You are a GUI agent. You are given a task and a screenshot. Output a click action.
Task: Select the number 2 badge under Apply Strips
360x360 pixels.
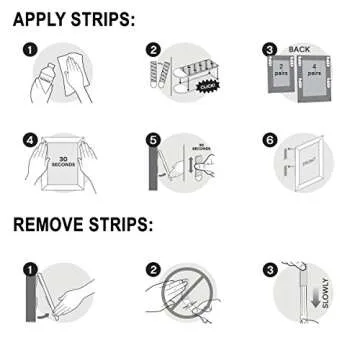[154, 47]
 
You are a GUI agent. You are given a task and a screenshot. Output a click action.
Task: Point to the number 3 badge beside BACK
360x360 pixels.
[270, 48]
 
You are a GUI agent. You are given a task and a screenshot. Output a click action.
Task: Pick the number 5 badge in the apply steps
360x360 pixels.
[154, 140]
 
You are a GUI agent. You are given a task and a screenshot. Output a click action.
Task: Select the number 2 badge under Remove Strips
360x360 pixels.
[153, 269]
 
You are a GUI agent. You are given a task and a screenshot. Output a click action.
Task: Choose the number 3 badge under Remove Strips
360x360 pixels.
[270, 269]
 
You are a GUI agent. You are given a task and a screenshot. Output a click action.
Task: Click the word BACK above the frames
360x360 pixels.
[300, 47]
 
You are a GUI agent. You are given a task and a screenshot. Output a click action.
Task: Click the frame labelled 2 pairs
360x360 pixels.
[285, 75]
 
